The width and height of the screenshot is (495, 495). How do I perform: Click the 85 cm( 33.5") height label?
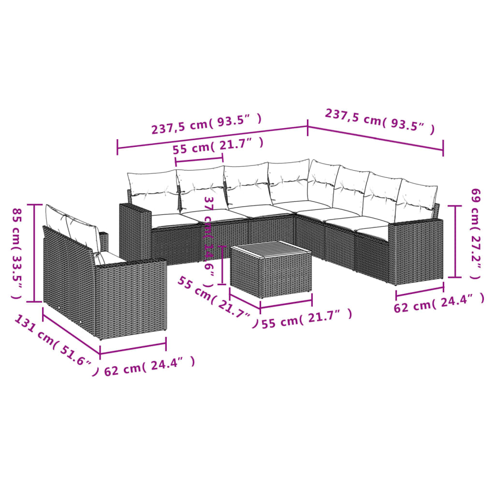coord(17,253)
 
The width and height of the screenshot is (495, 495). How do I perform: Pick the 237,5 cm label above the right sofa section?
coord(379,121)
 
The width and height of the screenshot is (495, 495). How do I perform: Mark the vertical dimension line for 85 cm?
coord(34,253)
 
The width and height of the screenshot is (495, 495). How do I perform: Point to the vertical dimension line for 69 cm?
coord(454,241)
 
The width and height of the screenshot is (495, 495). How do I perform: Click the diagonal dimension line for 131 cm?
coord(71,334)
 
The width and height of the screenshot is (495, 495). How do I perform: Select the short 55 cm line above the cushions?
coord(199,158)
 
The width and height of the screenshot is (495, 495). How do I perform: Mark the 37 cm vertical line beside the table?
coord(222,265)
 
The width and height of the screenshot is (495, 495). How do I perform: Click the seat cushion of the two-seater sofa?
coord(111,259)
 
